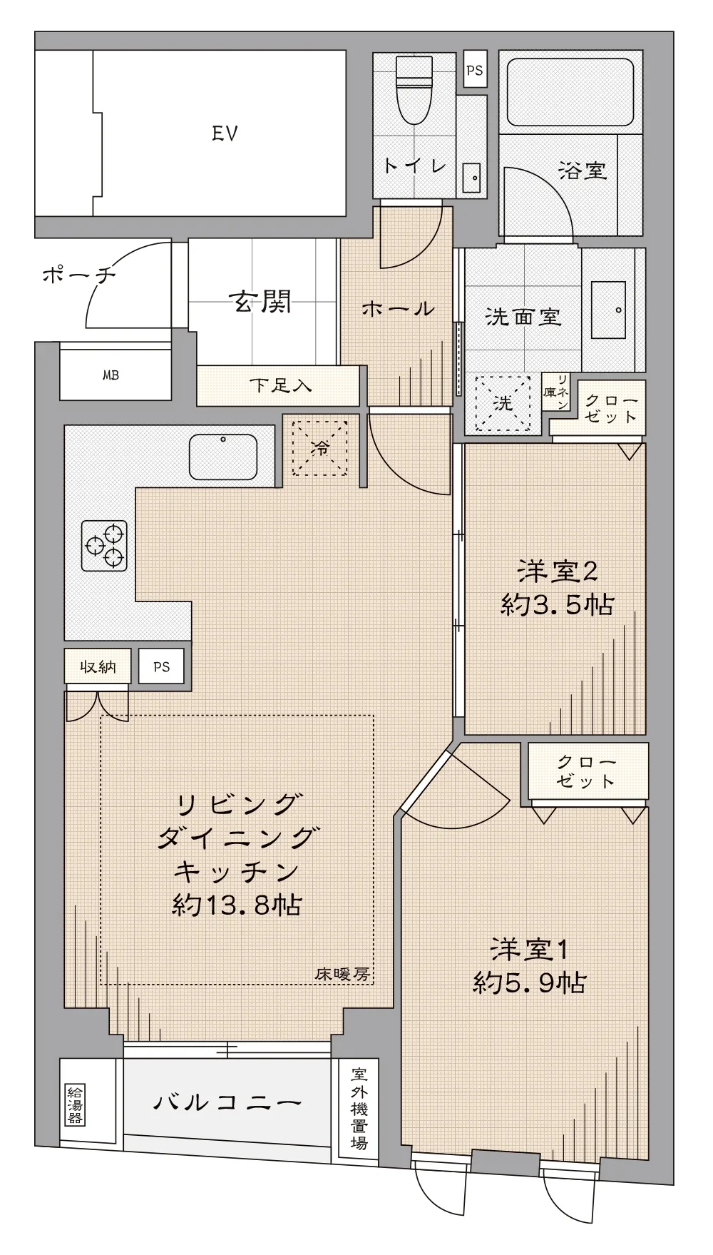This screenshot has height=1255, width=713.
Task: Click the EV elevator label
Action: (x=225, y=133)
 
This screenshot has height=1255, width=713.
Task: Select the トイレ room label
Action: (x=415, y=166)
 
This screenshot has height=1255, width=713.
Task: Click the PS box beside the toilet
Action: (x=475, y=69)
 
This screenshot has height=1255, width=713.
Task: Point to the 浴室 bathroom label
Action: (x=583, y=171)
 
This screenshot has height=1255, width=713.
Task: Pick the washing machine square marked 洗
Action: (x=503, y=404)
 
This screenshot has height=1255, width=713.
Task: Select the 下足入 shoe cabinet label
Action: (x=281, y=385)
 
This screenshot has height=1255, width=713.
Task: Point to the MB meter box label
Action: (x=111, y=375)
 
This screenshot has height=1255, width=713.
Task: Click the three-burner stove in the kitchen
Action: (x=104, y=546)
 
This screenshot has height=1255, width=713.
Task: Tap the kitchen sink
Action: (x=223, y=457)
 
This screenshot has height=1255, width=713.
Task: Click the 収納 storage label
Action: (x=97, y=667)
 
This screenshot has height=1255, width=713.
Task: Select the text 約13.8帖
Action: (x=237, y=905)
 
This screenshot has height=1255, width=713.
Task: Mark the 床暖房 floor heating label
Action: (x=343, y=974)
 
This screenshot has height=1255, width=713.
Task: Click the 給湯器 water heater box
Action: (x=74, y=1104)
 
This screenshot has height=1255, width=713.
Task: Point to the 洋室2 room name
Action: (x=557, y=571)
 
